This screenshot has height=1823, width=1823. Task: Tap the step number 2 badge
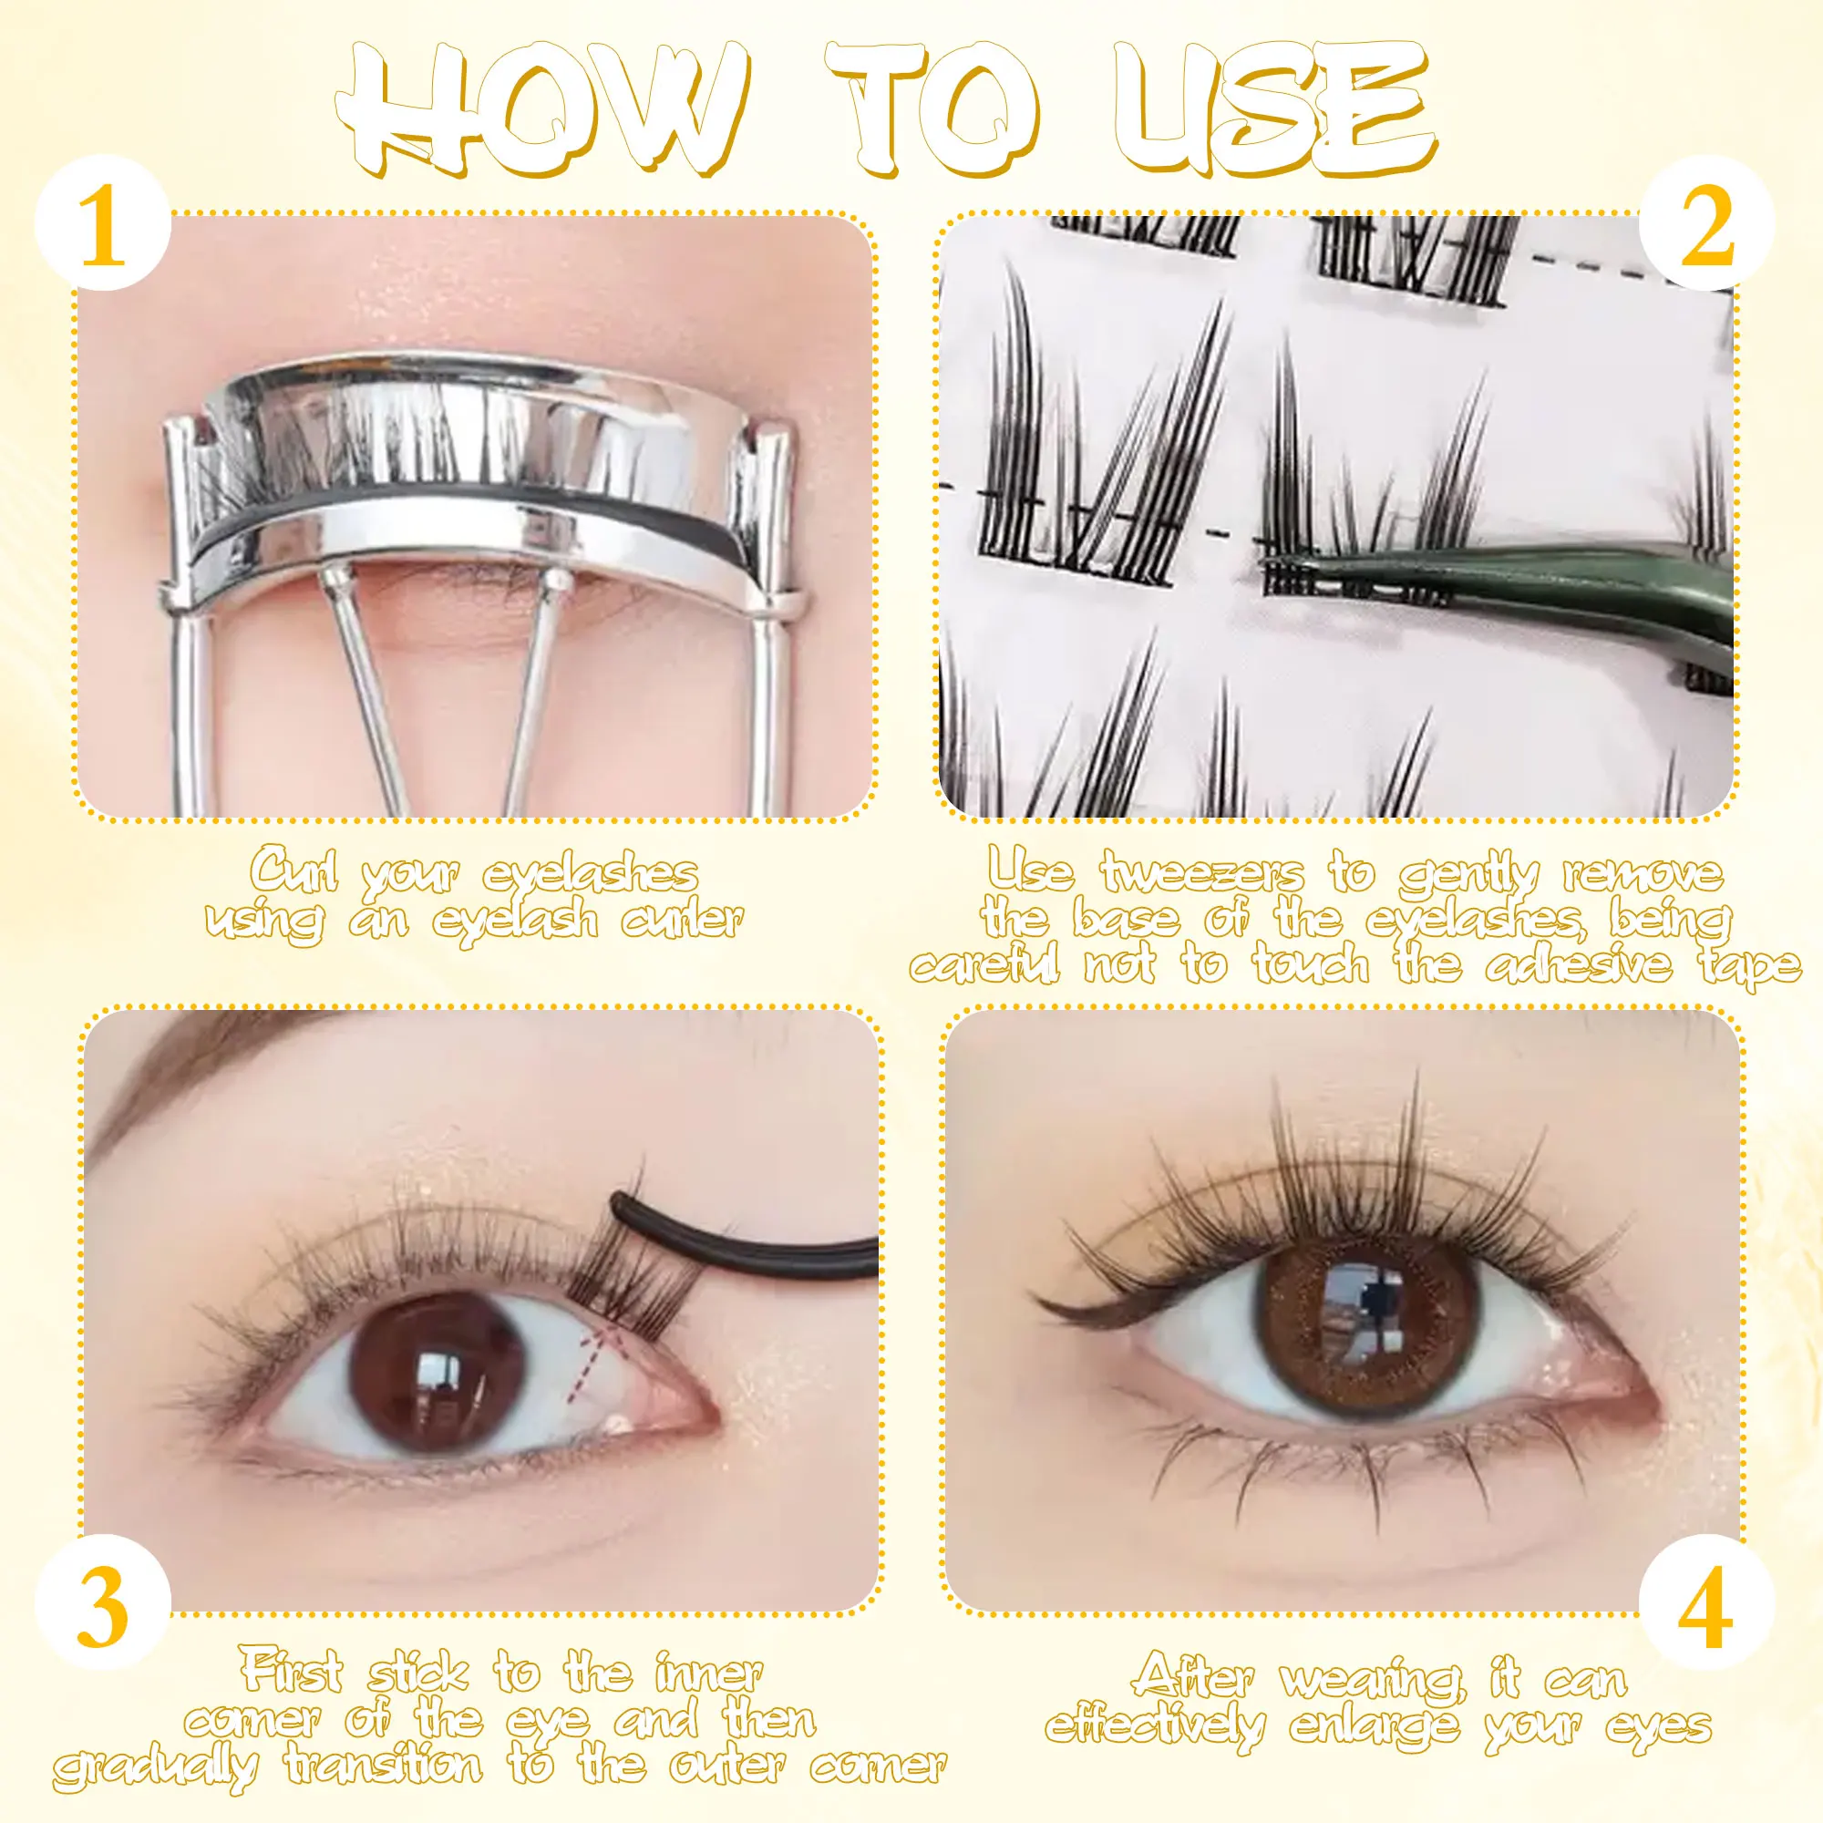pyautogui.click(x=1706, y=224)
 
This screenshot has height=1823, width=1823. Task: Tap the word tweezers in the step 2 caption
pyautogui.click(x=1202, y=872)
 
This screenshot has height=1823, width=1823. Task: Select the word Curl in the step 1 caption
pyautogui.click(x=294, y=872)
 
